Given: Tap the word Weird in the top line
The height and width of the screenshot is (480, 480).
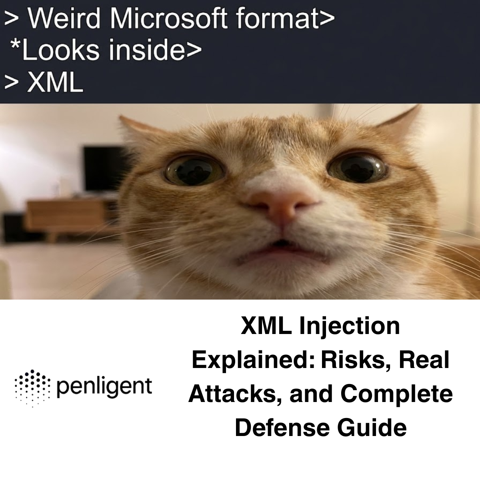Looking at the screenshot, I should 64,18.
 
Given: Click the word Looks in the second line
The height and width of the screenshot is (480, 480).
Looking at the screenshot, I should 60,50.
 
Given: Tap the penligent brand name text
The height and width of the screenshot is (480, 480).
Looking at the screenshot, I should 104,387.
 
